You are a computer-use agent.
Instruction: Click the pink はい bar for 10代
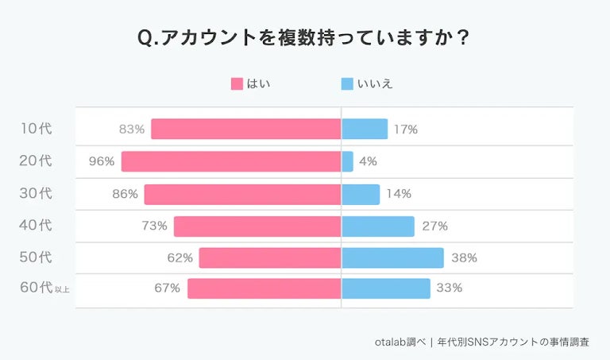click(x=246, y=129)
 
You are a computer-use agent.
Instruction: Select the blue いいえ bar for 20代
click(x=347, y=161)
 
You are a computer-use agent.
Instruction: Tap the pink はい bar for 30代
click(x=242, y=194)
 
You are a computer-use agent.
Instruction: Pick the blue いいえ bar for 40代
click(x=378, y=226)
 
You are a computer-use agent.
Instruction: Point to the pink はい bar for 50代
click(x=270, y=258)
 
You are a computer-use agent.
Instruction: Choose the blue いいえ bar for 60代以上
click(x=386, y=288)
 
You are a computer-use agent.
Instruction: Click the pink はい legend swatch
click(x=237, y=83)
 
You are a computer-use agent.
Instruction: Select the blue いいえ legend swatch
click(x=346, y=83)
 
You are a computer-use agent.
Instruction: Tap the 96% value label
click(x=102, y=161)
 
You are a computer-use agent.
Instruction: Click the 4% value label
click(x=368, y=161)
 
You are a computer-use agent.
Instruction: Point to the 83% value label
click(x=132, y=129)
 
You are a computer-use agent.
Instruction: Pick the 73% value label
click(x=154, y=226)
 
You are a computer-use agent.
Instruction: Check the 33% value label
click(x=450, y=288)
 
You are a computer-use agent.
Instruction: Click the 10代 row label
click(x=36, y=129)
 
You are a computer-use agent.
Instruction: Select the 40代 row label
click(x=36, y=226)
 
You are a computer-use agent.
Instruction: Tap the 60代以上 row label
click(x=44, y=288)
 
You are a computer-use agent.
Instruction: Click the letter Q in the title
click(x=146, y=38)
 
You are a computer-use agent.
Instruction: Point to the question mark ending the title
click(x=461, y=38)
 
